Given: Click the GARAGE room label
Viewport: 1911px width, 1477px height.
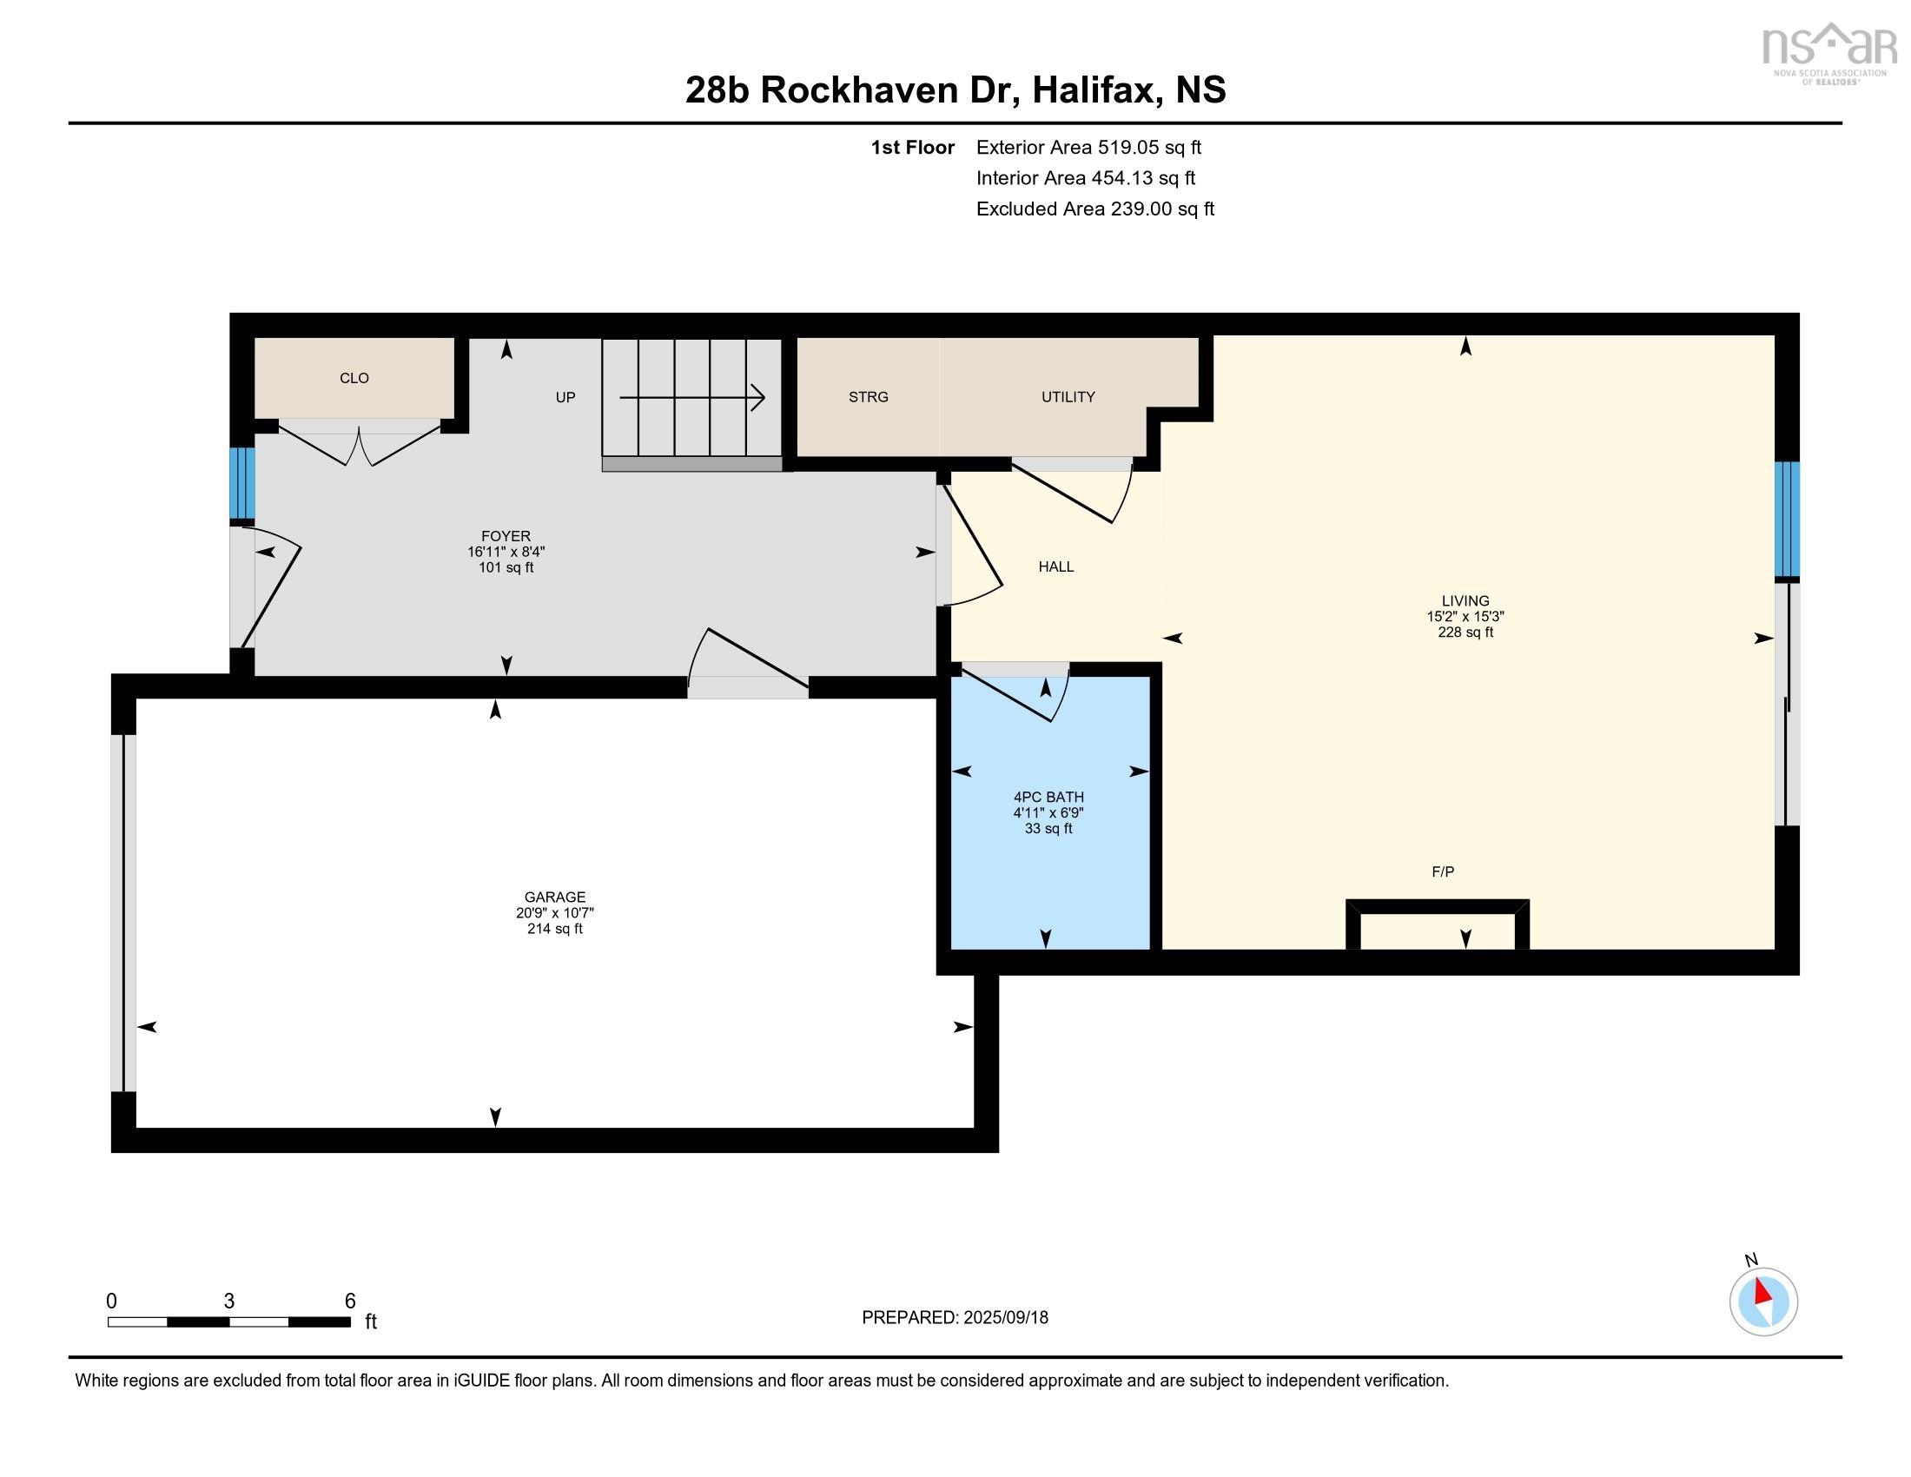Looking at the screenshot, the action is pos(555,897).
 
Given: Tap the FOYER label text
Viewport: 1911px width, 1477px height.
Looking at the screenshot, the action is pos(506,536).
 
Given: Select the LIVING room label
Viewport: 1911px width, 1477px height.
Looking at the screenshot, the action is pos(1465,601).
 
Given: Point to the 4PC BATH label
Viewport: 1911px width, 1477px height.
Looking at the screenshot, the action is pos(1048,797).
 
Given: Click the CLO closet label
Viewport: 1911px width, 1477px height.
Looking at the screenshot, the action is pos(354,378).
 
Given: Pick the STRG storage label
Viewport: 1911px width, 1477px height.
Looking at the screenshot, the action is pos(868,397).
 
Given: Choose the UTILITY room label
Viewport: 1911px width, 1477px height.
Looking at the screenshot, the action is pos(1068,397).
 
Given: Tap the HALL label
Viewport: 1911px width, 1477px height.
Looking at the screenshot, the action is pos(1056,567).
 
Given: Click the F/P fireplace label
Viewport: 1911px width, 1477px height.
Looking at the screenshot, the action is pos(1443,871).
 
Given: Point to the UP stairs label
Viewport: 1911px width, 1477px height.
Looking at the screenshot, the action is pos(565,397).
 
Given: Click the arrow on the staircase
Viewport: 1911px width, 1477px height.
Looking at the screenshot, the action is pos(692,398).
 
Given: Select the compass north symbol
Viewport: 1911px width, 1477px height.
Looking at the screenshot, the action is pos(1763,1301).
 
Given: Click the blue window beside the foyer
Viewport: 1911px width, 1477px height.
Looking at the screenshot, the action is pos(242,484).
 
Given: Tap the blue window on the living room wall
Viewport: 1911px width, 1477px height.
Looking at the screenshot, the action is pos(1787,520).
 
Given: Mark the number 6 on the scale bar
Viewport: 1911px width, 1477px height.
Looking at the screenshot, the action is pos(350,1301).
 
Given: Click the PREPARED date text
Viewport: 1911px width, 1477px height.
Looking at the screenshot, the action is pos(955,1318).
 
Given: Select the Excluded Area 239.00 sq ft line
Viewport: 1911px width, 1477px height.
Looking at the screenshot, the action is pos(1095,209).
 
